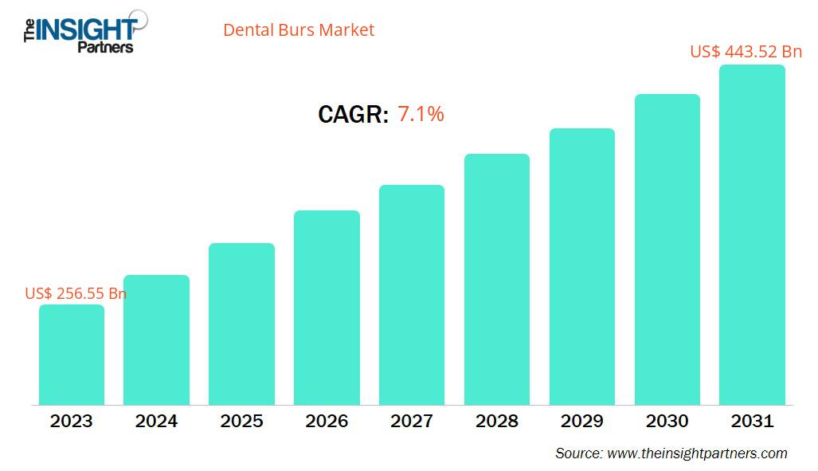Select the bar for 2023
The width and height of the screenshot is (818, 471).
[72, 355]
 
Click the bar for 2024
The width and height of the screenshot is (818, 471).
[156, 340]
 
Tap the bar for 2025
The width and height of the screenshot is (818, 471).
[241, 324]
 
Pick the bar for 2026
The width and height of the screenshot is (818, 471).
[327, 308]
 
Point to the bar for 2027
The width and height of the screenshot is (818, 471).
[412, 295]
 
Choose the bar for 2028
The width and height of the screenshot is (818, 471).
[497, 279]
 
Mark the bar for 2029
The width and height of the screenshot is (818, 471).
[581, 266]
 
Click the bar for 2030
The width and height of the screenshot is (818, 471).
[667, 249]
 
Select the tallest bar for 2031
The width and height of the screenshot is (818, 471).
[752, 235]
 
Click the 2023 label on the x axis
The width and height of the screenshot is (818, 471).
[72, 421]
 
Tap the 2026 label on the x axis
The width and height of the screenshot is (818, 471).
[327, 421]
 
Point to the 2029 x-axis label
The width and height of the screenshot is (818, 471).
[581, 421]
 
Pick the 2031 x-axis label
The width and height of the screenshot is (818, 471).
[752, 421]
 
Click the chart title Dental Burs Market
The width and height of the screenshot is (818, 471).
[298, 30]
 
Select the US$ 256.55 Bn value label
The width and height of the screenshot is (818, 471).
[76, 293]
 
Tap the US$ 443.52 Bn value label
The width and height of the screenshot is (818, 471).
[746, 52]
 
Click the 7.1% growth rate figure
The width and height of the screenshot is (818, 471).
[421, 114]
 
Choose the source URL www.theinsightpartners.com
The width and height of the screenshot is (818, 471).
[697, 453]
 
